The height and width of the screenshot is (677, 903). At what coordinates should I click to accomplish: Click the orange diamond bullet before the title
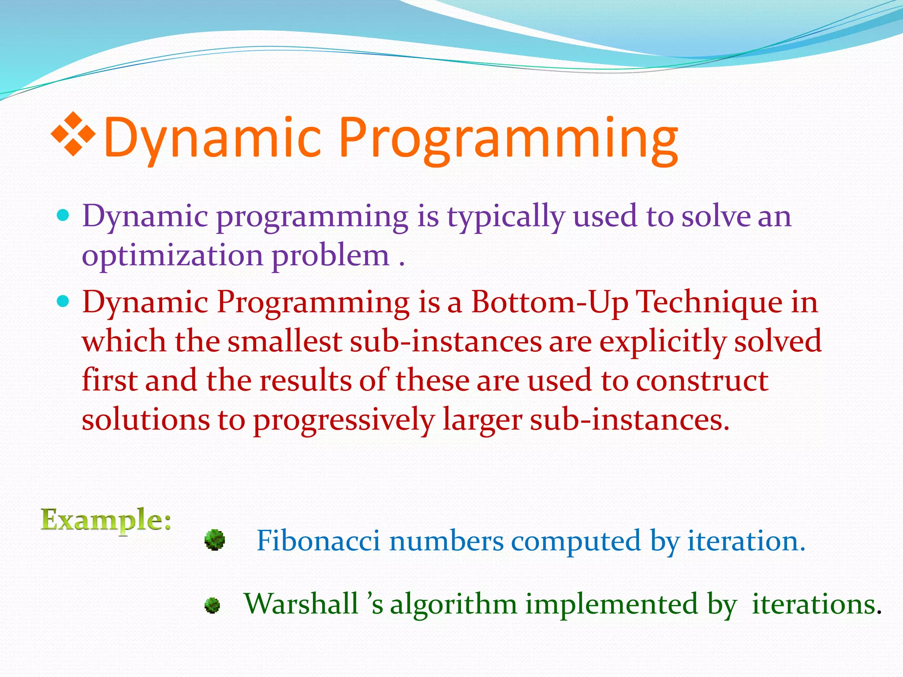tap(74, 134)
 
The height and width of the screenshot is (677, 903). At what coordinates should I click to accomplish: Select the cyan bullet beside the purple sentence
tap(63, 215)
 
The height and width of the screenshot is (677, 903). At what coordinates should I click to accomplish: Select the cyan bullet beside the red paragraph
tap(63, 301)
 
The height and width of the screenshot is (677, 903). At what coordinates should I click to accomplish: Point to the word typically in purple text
tap(506, 218)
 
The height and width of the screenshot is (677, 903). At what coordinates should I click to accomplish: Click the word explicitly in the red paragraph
tap(662, 342)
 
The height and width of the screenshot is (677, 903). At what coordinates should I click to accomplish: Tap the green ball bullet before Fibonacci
tap(215, 540)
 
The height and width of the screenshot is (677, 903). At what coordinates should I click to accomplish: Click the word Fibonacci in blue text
tap(318, 541)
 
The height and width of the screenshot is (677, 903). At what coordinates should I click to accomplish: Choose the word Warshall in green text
tap(301, 603)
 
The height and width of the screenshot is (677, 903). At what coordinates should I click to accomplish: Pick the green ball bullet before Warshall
tap(212, 605)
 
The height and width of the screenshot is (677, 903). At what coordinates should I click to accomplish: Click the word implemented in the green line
tap(611, 605)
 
